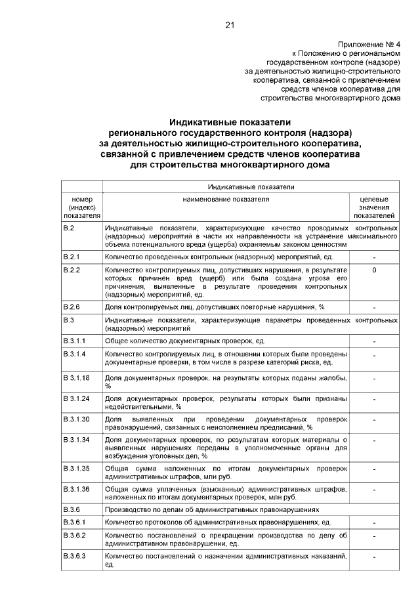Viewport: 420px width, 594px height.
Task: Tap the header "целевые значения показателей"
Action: (374, 207)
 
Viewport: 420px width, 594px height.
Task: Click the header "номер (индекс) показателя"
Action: (82, 207)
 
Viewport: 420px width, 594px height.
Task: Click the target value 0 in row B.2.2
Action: (374, 270)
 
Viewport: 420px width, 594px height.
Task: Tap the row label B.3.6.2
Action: (73, 536)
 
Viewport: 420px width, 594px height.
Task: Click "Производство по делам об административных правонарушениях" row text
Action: (211, 509)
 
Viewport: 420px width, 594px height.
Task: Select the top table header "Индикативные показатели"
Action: (251, 187)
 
